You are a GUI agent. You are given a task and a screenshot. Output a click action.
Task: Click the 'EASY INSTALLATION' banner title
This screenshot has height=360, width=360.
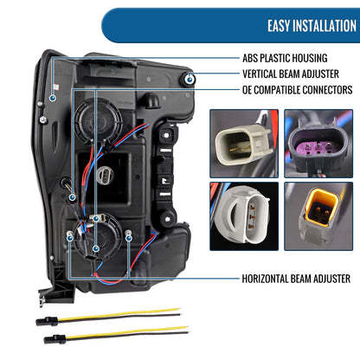point(312,26)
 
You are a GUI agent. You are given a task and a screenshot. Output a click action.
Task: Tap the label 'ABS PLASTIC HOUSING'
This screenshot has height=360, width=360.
point(285,58)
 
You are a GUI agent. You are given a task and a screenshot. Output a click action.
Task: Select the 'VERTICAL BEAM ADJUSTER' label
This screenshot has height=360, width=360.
point(291,74)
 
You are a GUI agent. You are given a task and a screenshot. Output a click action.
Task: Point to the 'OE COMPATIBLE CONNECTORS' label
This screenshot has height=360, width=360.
point(298,90)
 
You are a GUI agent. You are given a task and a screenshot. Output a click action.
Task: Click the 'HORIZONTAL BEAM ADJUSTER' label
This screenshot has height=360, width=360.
point(296,279)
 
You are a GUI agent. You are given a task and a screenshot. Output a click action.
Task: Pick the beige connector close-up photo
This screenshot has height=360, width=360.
point(244,144)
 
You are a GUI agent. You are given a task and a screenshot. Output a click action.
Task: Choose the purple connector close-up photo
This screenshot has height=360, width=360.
point(318,144)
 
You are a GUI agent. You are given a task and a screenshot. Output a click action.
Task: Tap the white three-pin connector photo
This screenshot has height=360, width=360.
point(244,216)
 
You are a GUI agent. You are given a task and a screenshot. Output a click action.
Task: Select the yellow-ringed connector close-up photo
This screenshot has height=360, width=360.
point(318,216)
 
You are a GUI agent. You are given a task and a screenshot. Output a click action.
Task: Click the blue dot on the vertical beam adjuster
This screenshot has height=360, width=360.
point(190,80)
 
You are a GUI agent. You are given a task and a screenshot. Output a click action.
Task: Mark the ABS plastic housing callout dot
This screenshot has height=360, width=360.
point(53,98)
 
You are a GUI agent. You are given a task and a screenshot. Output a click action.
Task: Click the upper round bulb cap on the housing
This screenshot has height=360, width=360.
point(98,119)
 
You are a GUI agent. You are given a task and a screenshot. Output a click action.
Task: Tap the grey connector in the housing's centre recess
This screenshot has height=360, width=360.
point(106,175)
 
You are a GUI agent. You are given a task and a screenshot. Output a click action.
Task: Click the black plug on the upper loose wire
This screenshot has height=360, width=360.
point(47,321)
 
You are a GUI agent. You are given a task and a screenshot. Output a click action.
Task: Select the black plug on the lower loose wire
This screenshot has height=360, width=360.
point(55,339)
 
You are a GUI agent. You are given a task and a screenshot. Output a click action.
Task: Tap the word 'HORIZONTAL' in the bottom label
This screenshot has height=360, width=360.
point(265,279)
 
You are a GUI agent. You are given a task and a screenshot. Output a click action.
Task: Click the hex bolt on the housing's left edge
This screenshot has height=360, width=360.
point(43,119)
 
